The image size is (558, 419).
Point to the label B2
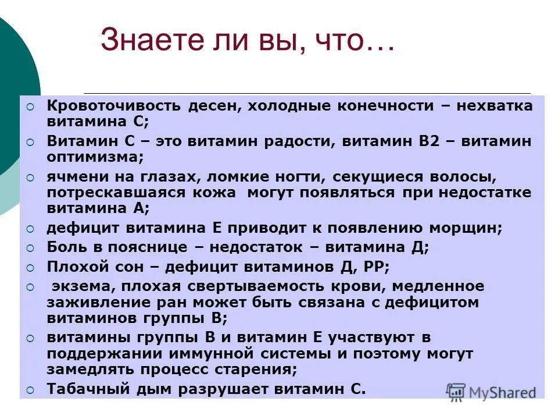427,141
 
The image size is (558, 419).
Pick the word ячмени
73,177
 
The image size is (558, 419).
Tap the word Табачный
81,389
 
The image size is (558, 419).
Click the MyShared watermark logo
491,391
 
